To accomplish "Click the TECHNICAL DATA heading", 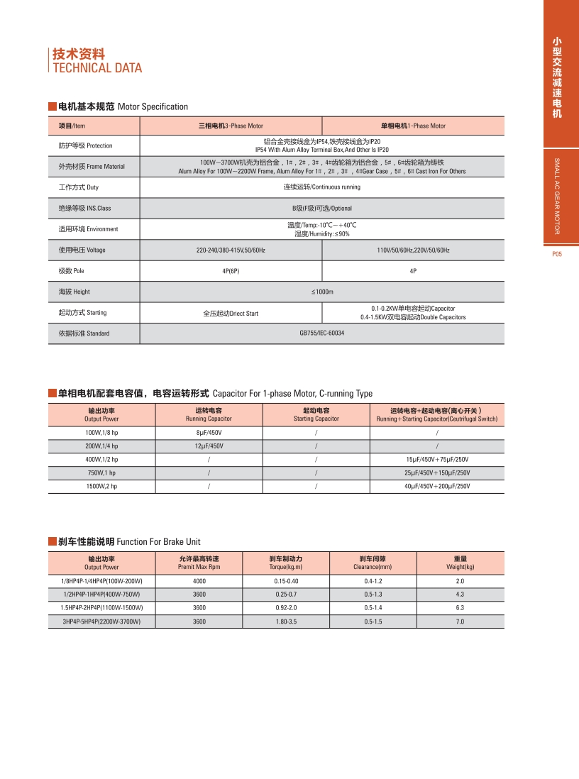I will tap(97, 68).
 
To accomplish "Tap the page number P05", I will tap(556, 254).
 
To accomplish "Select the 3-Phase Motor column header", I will tap(231, 126).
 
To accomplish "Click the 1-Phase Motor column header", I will tap(413, 126).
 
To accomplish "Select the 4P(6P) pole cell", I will tap(231, 271).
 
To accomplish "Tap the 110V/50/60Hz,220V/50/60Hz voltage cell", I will tap(413, 250).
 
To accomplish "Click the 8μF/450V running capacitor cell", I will tap(209, 432).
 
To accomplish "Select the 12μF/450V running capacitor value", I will tap(209, 446).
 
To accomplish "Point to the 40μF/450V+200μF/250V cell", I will tap(436, 486).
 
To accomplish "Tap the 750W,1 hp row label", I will tap(101, 473).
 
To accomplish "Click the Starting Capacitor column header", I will tap(316, 414).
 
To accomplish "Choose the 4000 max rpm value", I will tap(199, 581).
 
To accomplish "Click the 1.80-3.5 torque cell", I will tap(286, 621).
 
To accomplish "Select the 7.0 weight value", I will tap(460, 621).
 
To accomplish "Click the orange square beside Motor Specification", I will tap(52, 106).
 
